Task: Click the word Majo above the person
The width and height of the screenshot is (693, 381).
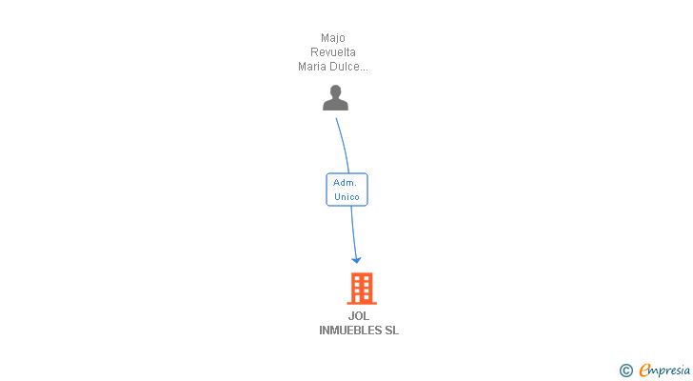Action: point(332,38)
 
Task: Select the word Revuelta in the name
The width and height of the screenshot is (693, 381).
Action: point(332,52)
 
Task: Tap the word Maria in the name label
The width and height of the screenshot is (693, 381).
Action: point(313,67)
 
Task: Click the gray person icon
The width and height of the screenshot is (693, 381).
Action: point(335,98)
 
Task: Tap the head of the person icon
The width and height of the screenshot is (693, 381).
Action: point(335,91)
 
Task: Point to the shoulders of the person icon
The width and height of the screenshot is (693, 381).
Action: point(335,105)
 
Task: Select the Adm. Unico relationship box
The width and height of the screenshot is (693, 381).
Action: point(346,190)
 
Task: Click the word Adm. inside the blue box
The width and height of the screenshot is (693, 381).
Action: point(345,182)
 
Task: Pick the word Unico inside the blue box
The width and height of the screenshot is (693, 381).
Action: point(346,197)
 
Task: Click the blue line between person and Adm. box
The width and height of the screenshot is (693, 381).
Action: point(343,145)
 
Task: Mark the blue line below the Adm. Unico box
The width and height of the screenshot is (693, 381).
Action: point(353,231)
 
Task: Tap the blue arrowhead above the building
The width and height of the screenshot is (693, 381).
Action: point(356,259)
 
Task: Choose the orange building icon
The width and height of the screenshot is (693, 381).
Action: point(361,288)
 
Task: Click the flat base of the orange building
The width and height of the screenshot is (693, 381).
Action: point(361,302)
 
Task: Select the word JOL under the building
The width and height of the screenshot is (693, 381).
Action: point(359,316)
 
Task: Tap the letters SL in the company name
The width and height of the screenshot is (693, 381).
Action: point(391,331)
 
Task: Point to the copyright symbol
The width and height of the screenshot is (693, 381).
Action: point(625,371)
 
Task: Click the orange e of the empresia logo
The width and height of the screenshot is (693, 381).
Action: point(644,370)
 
